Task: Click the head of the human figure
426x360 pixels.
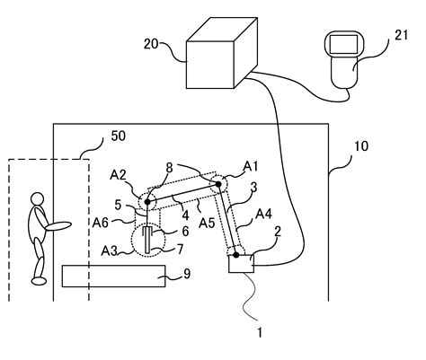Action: [38, 198]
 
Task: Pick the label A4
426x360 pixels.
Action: [264, 214]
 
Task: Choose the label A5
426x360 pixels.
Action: [206, 223]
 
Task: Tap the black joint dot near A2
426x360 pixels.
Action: [146, 202]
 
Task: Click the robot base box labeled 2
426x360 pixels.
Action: [242, 263]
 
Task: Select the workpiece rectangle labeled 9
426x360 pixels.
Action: [115, 276]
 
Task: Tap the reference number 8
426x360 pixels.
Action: [168, 167]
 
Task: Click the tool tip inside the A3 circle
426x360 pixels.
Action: [145, 249]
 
